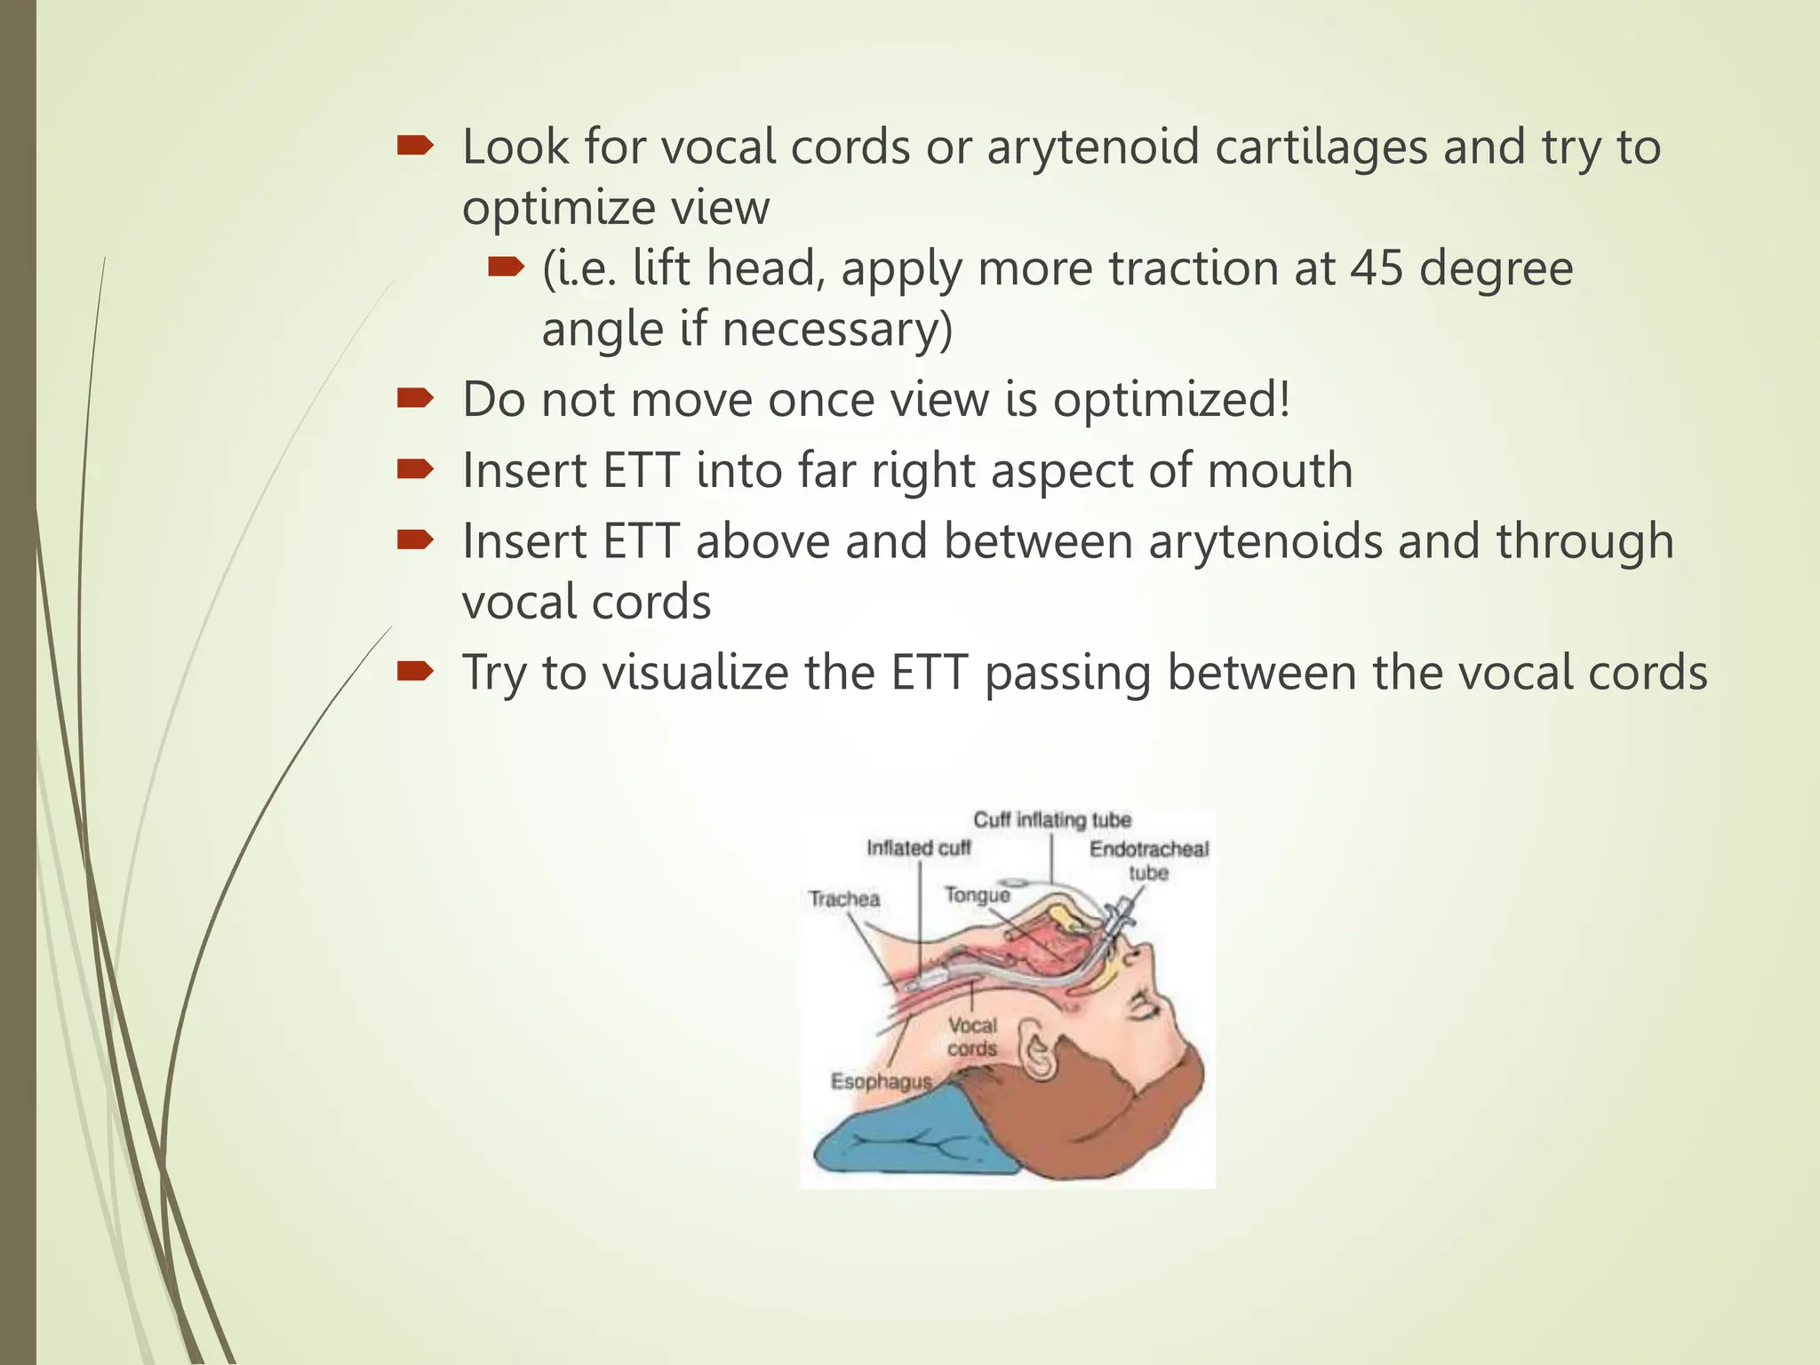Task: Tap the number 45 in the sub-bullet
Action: pos(1377,268)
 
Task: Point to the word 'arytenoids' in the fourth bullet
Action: pos(1265,542)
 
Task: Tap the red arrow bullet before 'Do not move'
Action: pos(414,399)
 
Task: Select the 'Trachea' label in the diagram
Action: pos(844,899)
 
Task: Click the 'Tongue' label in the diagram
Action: pos(977,895)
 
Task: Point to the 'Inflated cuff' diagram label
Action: pos(918,849)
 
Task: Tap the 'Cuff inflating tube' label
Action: pos(1052,819)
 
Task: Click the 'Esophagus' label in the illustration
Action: pos(881,1082)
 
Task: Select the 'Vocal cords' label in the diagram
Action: pos(972,1037)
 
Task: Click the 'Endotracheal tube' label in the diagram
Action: pos(1149,860)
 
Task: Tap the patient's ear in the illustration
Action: pos(1036,1050)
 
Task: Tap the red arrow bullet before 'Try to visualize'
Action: pos(414,672)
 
